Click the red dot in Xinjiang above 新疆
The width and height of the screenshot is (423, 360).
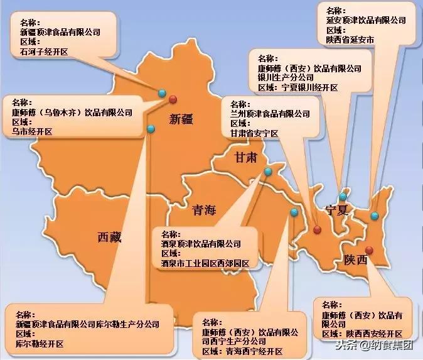(173, 99)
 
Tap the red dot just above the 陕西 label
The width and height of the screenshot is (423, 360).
(369, 250)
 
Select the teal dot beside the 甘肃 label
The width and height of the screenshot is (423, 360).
(268, 171)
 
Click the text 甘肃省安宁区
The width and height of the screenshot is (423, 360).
(254, 134)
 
